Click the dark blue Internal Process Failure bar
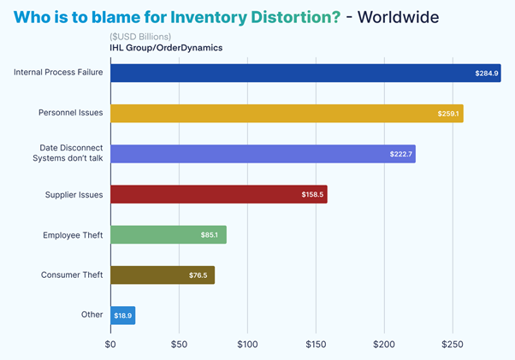pos(291,73)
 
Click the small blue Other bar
pos(123,316)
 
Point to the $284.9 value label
pos(487,74)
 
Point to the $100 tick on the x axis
pos(247,344)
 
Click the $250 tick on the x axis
pos(453,344)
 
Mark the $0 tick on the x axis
pos(110,344)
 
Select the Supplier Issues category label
pos(74,194)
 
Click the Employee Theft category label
pos(73,234)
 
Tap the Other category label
pos(92,315)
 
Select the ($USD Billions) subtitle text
pos(141,36)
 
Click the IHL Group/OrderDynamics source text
pos(166,48)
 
